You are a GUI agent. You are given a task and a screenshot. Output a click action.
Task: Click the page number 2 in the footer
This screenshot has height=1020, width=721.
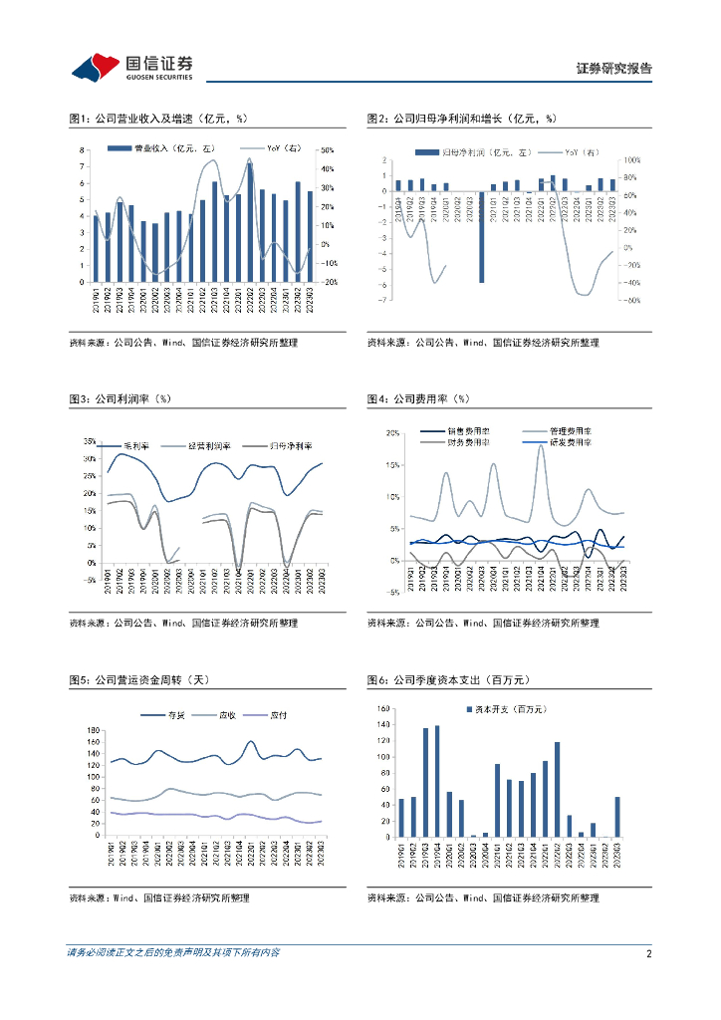pyautogui.click(x=648, y=953)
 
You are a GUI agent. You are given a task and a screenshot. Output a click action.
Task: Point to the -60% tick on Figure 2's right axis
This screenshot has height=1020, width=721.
pyautogui.click(x=629, y=300)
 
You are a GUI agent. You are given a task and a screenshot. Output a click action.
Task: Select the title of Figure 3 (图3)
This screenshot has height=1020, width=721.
pyautogui.click(x=120, y=398)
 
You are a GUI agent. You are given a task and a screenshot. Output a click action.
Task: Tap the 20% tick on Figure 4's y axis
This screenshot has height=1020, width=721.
pyautogui.click(x=392, y=433)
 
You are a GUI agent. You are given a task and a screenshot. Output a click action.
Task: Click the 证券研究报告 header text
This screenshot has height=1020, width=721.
pyautogui.click(x=614, y=69)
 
